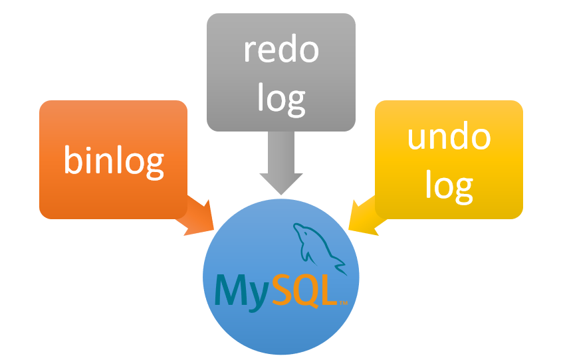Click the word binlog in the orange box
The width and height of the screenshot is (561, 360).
coord(114,160)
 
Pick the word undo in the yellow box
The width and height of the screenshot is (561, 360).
coord(449,137)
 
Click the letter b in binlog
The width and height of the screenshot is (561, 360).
coord(72,159)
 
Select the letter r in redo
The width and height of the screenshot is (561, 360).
coord(249,52)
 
